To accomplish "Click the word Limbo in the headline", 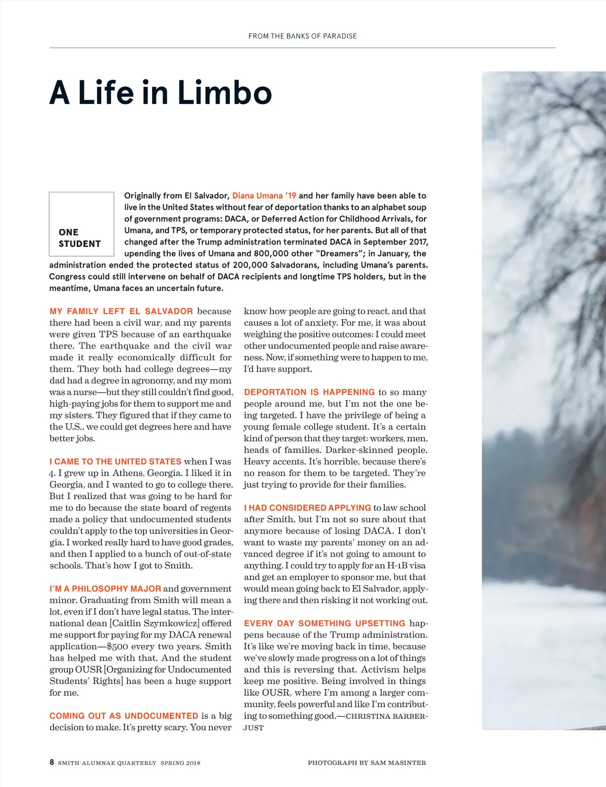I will tap(225, 93).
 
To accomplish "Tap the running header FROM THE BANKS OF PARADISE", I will tap(302, 36).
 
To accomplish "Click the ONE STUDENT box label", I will tap(80, 238).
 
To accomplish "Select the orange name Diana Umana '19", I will tap(264, 195).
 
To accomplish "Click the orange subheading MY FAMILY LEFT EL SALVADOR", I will tap(121, 311).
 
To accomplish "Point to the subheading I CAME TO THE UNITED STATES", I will tap(116, 461).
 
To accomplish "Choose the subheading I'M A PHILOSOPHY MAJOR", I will tap(106, 588).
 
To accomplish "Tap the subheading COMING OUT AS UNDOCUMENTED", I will tap(124, 716).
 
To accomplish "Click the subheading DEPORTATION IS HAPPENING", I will tap(309, 392).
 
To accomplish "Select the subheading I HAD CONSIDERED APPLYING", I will tap(308, 508).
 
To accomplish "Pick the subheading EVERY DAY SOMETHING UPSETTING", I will tap(325, 623).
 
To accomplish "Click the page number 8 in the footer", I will tap(52, 762).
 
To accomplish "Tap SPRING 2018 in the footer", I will tap(180, 763).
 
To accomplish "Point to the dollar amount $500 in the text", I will tap(117, 647).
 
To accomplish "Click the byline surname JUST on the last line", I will tap(254, 728).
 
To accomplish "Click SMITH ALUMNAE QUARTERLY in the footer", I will tap(107, 763).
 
